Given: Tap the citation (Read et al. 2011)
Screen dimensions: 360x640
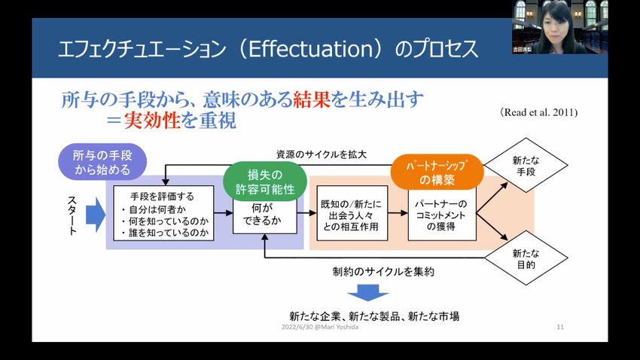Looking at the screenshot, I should click(x=538, y=112).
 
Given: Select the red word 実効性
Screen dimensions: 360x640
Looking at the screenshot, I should click(x=152, y=121).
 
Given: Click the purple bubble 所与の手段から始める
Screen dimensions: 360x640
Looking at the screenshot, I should click(x=102, y=162).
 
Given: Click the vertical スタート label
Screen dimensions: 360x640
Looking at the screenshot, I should click(x=72, y=215).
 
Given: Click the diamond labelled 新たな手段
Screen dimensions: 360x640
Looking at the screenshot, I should click(x=524, y=166).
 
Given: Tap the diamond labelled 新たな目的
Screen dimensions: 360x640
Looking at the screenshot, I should click(x=524, y=260).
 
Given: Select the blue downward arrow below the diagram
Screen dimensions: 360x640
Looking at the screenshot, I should click(x=368, y=292).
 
